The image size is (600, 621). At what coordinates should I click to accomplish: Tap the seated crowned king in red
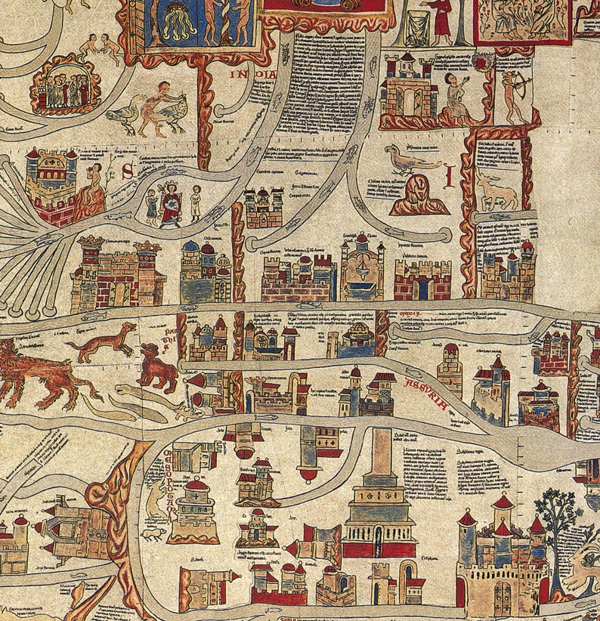(172, 202)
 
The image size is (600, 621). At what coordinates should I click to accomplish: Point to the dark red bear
(157, 367)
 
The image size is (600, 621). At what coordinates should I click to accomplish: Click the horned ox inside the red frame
(498, 193)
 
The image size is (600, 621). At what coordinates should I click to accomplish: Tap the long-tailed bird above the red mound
(408, 160)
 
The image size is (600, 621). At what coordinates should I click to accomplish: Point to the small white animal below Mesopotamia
(153, 533)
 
